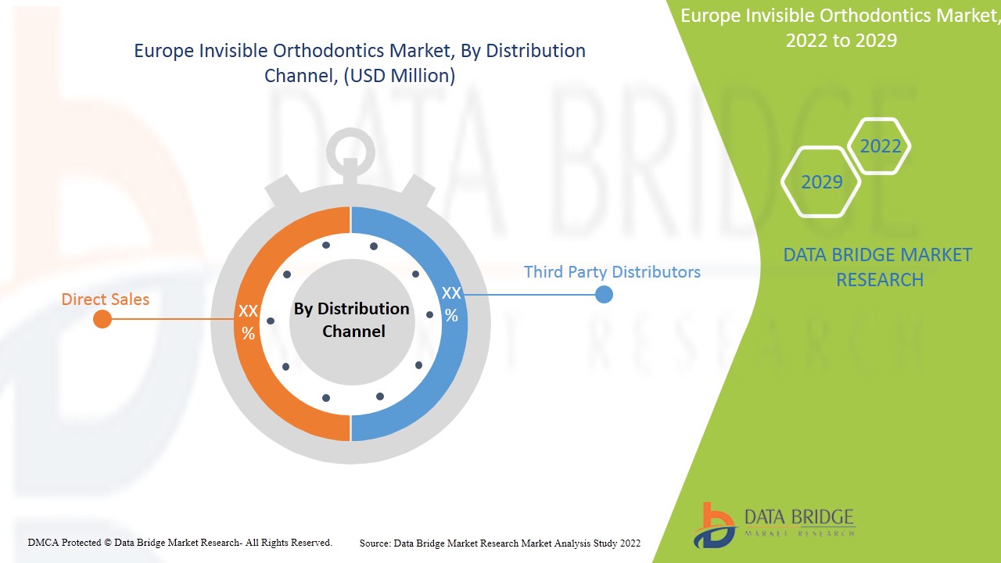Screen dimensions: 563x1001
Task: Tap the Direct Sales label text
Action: click(x=106, y=299)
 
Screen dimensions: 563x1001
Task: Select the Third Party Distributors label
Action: click(x=612, y=272)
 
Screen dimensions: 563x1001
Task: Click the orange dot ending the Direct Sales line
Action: click(x=102, y=319)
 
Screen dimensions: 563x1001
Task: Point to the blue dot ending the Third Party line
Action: click(x=604, y=295)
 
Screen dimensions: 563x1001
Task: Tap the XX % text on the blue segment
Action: click(x=451, y=304)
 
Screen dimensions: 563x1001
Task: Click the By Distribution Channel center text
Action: click(x=351, y=320)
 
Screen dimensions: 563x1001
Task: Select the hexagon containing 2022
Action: click(x=880, y=146)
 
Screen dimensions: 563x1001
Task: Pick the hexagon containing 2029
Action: click(x=821, y=182)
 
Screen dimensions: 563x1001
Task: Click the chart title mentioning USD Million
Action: click(x=360, y=63)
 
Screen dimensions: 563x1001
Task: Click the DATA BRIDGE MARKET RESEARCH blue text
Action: click(x=877, y=267)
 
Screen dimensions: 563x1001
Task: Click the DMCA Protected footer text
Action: click(x=180, y=542)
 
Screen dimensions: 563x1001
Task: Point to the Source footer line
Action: click(x=500, y=543)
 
